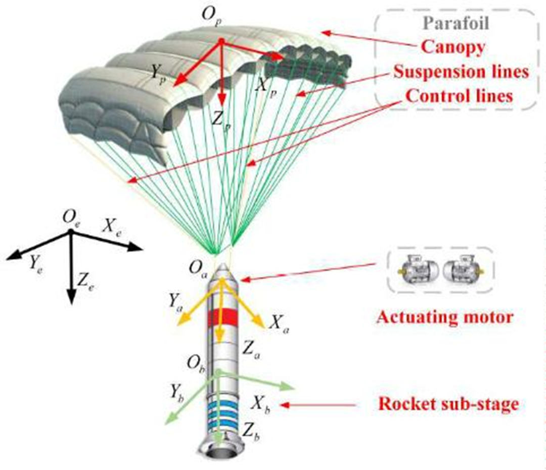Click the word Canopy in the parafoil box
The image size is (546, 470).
[452, 48]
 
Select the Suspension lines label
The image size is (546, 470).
[461, 72]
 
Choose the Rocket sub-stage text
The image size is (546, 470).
[449, 404]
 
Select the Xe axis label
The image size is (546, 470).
[115, 225]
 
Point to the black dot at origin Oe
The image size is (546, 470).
[70, 231]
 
